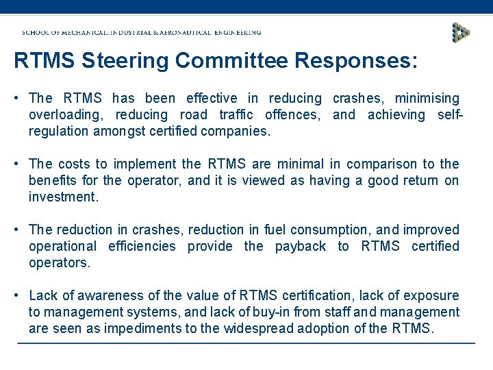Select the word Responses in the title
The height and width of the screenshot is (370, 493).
point(355,62)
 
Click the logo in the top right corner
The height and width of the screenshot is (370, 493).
point(462,32)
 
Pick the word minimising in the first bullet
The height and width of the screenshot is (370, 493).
point(427,99)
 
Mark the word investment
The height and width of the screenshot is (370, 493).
point(63,197)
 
